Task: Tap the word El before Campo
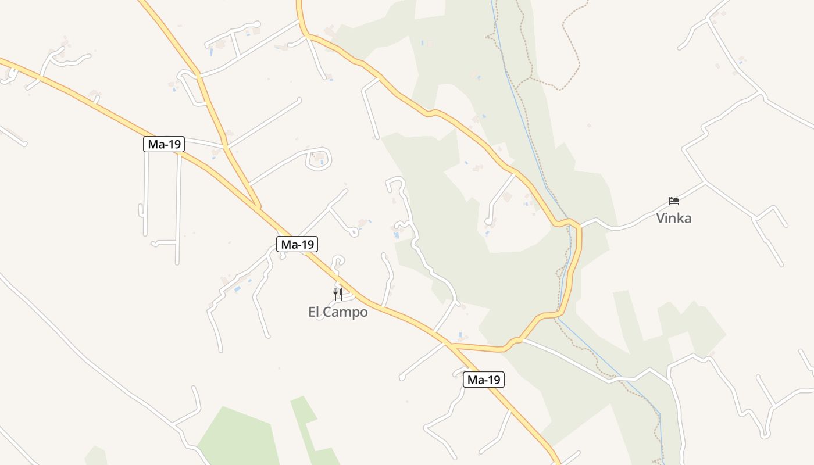pos(315,312)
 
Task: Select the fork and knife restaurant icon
pos(338,294)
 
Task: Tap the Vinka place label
pos(674,219)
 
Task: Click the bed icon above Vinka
pos(674,201)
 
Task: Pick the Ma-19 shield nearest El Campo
pos(298,244)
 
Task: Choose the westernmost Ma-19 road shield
pos(164,144)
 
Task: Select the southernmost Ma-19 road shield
pos(484,380)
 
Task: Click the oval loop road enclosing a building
pos(319,158)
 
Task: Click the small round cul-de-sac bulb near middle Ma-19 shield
pos(354,232)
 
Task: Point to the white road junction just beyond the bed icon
pos(705,183)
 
